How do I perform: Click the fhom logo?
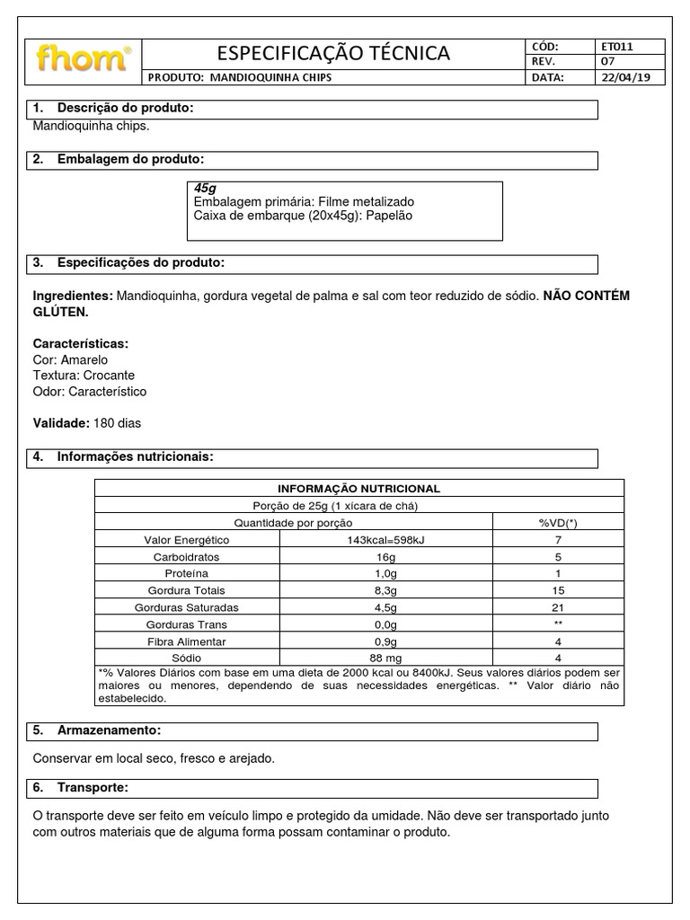[x=83, y=59]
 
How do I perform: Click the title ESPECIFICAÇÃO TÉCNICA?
[x=333, y=54]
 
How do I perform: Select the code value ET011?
[x=619, y=46]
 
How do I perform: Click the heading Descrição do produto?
[x=125, y=109]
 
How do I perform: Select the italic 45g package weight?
[x=205, y=188]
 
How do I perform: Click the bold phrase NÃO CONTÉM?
[x=587, y=296]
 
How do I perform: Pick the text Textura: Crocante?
[x=84, y=375]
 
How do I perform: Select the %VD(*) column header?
[x=557, y=522]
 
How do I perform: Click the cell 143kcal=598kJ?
[x=385, y=539]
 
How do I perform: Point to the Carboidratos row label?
[x=186, y=556]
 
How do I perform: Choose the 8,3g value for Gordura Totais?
[x=385, y=590]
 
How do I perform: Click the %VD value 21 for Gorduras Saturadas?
[x=557, y=607]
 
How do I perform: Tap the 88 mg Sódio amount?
[x=385, y=659]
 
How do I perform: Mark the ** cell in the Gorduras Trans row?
[x=557, y=624]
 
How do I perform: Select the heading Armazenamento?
[x=109, y=730]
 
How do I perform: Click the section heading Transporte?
[x=93, y=788]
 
